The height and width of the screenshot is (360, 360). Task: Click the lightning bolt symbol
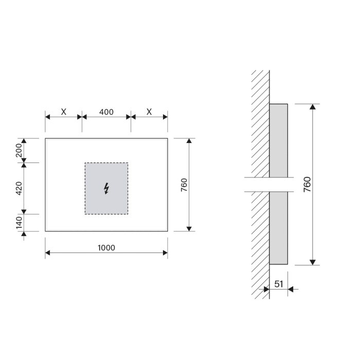coord(106,188)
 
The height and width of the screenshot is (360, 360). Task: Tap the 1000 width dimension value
coord(106,248)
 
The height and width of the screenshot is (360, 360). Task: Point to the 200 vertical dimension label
coord(19,150)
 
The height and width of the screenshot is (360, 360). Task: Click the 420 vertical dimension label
coord(19,188)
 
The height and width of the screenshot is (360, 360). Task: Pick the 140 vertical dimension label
coord(19,223)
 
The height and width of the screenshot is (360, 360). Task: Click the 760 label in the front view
coord(184,185)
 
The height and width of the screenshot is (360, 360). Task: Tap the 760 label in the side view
coord(307,184)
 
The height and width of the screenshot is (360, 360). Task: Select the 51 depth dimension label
coord(278,283)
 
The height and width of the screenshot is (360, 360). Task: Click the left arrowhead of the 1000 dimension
coord(48,253)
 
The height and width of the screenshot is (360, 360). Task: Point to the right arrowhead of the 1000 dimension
coord(165,253)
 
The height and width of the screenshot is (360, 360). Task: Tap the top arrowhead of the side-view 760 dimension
coord(313,107)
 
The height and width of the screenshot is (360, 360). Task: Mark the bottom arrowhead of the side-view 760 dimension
coord(313,262)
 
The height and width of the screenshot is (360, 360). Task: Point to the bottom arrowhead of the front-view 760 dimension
coord(189,228)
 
